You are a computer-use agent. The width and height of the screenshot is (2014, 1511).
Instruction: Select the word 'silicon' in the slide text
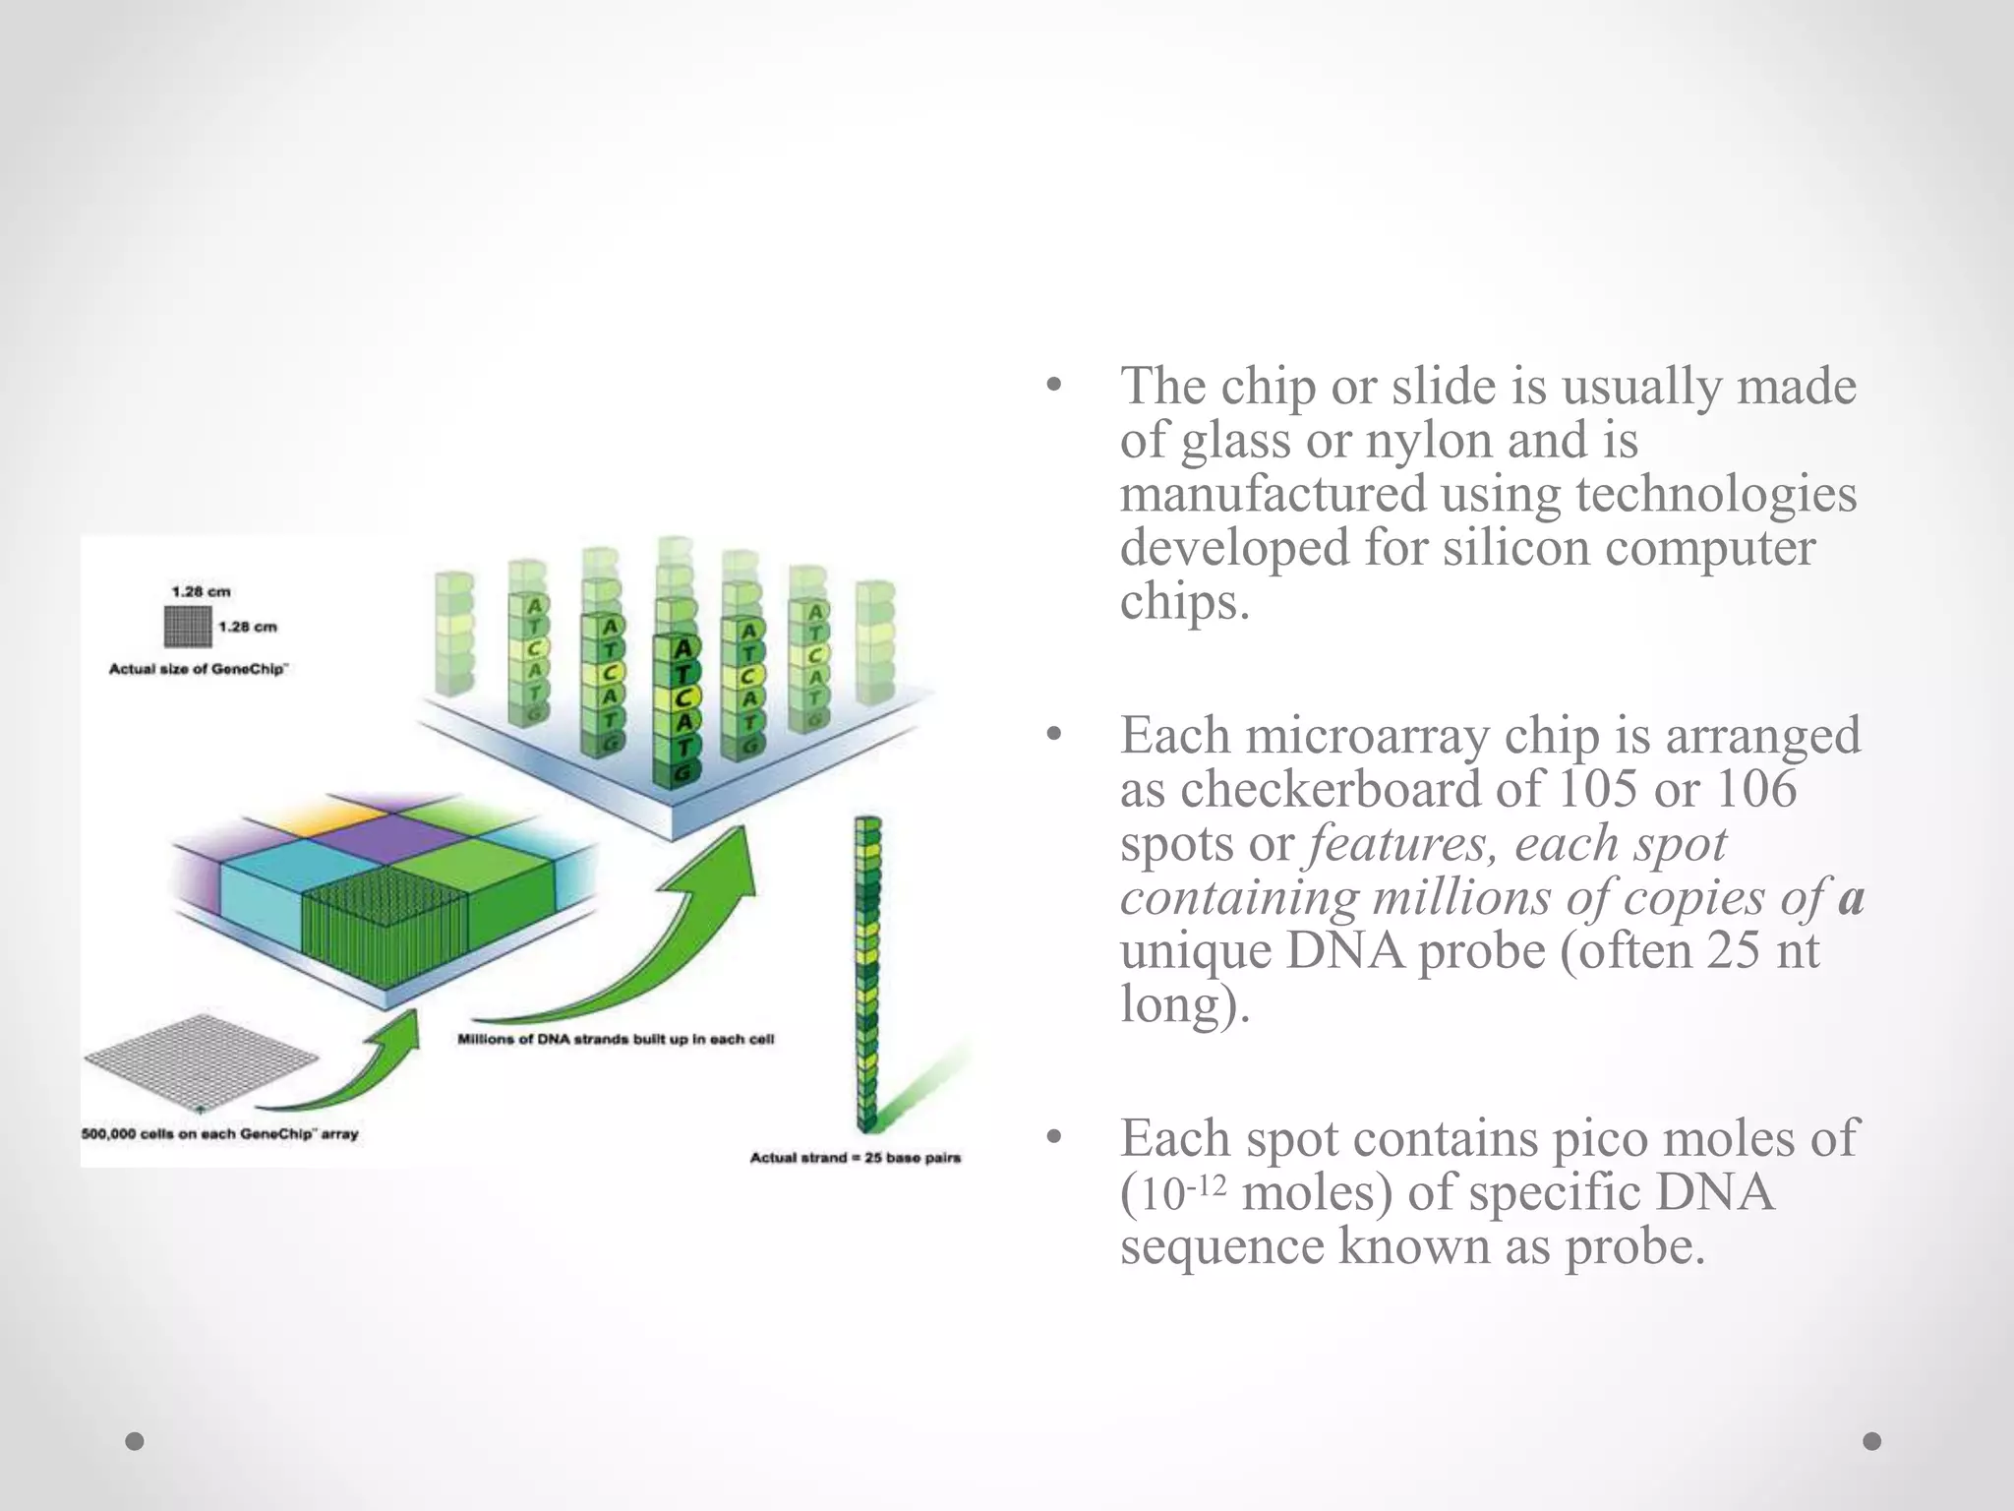pos(1515,547)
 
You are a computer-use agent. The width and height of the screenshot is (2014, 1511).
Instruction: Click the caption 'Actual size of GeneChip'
pos(197,670)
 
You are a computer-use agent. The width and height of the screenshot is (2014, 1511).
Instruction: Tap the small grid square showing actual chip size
pos(187,627)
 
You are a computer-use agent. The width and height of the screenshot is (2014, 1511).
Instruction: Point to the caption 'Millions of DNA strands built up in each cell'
pos(616,1039)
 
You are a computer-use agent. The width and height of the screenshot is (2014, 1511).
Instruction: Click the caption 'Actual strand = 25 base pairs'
pos(855,1158)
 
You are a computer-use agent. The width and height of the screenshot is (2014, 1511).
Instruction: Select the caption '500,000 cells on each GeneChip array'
pos(219,1134)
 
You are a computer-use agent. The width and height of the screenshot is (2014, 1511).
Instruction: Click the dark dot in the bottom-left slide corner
pos(135,1441)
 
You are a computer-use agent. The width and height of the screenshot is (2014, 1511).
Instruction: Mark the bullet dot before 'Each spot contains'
pos(1055,1139)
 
